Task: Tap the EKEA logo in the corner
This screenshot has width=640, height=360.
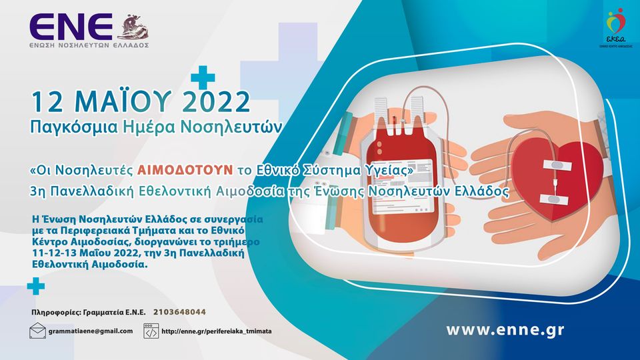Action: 615,27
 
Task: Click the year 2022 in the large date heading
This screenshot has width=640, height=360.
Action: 215,102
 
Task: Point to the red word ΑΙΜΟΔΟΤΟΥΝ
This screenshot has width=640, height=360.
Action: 185,170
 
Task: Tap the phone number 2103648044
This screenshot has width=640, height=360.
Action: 179,312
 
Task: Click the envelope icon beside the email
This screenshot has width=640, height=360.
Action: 37,331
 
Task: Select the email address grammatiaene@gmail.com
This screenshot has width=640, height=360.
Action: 91,331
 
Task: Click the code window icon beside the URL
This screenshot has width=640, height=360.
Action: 151,331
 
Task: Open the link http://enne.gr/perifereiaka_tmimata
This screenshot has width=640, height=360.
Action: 216,331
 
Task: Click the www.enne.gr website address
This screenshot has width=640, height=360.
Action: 505,329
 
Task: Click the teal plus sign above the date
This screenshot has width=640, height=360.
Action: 203,77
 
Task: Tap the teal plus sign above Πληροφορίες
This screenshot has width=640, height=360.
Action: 36,286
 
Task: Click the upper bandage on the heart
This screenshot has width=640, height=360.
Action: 558,165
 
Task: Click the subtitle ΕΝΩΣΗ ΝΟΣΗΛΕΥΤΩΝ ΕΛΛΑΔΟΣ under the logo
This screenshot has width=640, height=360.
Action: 89,45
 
